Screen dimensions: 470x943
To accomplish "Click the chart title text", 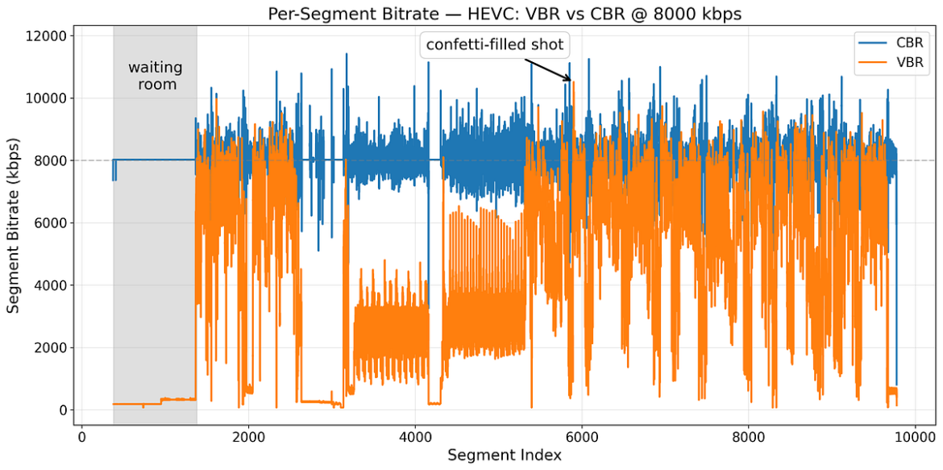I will coord(505,13).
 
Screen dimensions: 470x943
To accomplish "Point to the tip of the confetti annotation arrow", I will coord(571,81).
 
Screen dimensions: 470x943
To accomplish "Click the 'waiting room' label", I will coord(156,76).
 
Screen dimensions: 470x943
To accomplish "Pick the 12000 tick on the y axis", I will coord(49,36).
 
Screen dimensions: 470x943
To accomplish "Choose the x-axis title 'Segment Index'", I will coord(505,455).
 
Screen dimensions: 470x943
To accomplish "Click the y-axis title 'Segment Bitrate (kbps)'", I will coord(14,224).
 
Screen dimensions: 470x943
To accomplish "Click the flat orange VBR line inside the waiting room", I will coord(137,403).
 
